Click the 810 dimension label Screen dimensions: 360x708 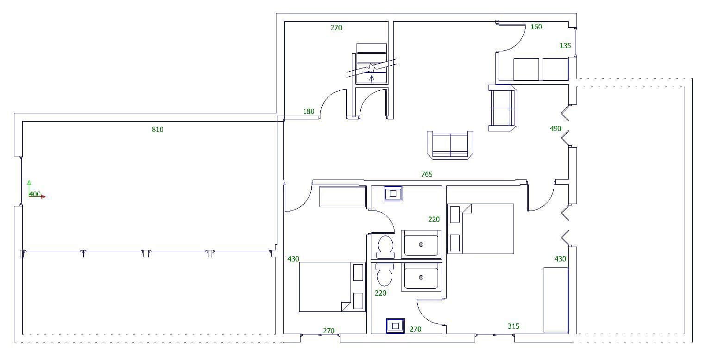(x=157, y=130)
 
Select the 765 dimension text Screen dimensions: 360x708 (x=426, y=174)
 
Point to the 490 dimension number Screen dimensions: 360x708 (x=555, y=129)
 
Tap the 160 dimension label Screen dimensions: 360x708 (x=536, y=27)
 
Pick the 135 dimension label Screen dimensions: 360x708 (x=565, y=46)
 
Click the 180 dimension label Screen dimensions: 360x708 (x=308, y=112)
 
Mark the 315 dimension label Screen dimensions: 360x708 (x=513, y=326)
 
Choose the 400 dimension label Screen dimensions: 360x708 (x=35, y=194)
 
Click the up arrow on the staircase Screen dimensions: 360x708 (x=371, y=77)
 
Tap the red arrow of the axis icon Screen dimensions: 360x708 (x=43, y=197)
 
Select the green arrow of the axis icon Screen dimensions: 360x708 (x=29, y=182)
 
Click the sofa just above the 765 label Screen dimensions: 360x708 (x=450, y=145)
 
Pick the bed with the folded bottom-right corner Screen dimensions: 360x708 (x=326, y=287)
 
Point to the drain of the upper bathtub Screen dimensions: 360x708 (x=421, y=245)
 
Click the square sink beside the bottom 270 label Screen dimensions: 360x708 (x=395, y=326)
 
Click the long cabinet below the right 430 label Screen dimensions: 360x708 (x=555, y=300)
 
